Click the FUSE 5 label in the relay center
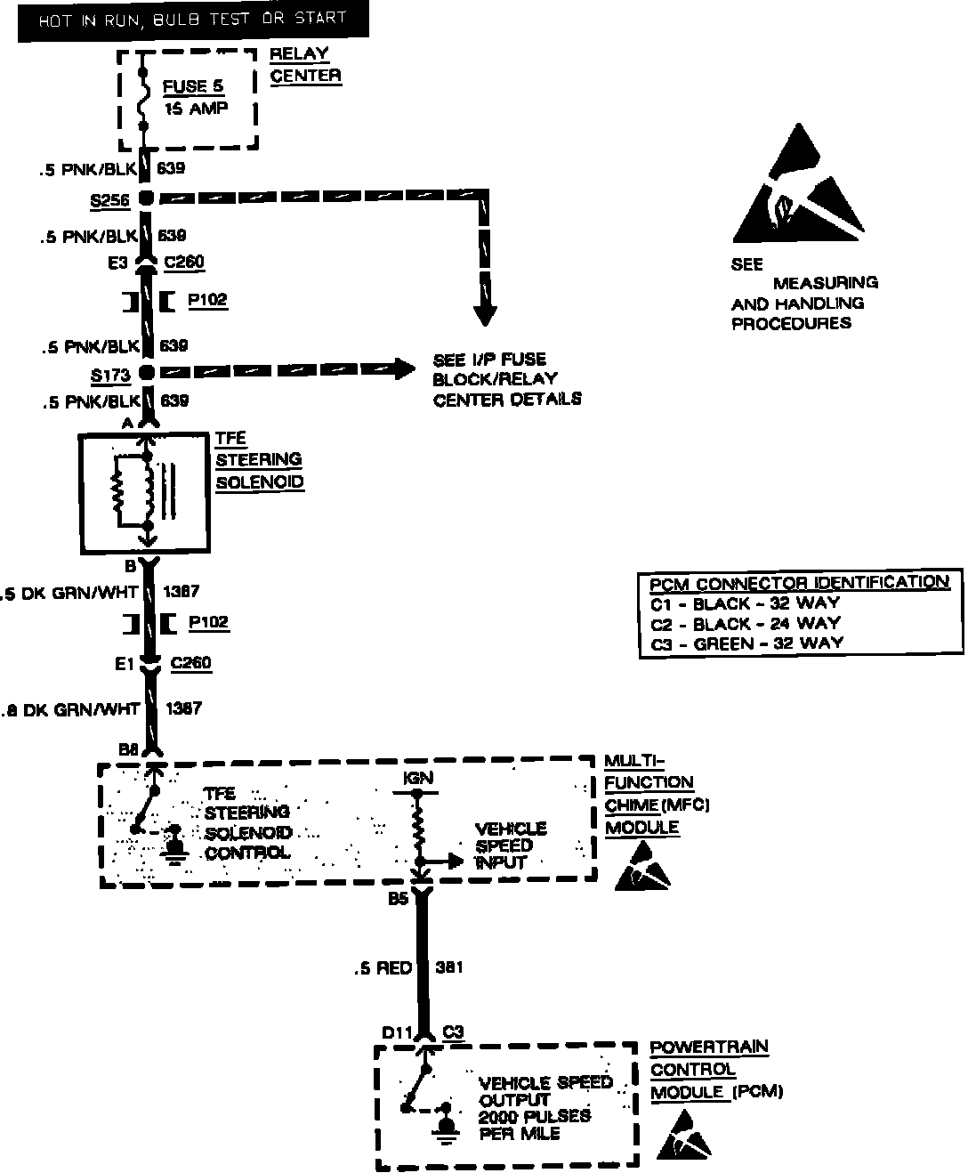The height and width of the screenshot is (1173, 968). click(x=193, y=86)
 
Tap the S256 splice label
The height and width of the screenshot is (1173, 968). click(x=109, y=200)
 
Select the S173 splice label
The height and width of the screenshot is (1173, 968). click(x=109, y=375)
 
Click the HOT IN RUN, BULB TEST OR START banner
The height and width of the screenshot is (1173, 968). click(x=192, y=19)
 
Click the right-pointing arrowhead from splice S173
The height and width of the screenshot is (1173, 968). click(x=405, y=368)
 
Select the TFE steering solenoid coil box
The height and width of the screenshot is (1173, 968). click(x=143, y=492)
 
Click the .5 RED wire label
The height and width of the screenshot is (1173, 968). click(x=383, y=968)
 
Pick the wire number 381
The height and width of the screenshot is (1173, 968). click(x=448, y=967)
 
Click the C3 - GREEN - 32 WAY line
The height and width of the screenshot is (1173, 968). click(x=746, y=643)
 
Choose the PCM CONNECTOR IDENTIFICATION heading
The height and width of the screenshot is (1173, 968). click(x=799, y=583)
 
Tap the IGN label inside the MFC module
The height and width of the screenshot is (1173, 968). click(x=417, y=777)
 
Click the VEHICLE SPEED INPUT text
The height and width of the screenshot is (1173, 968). click(x=510, y=845)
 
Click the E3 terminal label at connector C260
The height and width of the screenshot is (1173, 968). click(x=118, y=263)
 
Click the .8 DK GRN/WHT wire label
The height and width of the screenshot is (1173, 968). click(x=70, y=709)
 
